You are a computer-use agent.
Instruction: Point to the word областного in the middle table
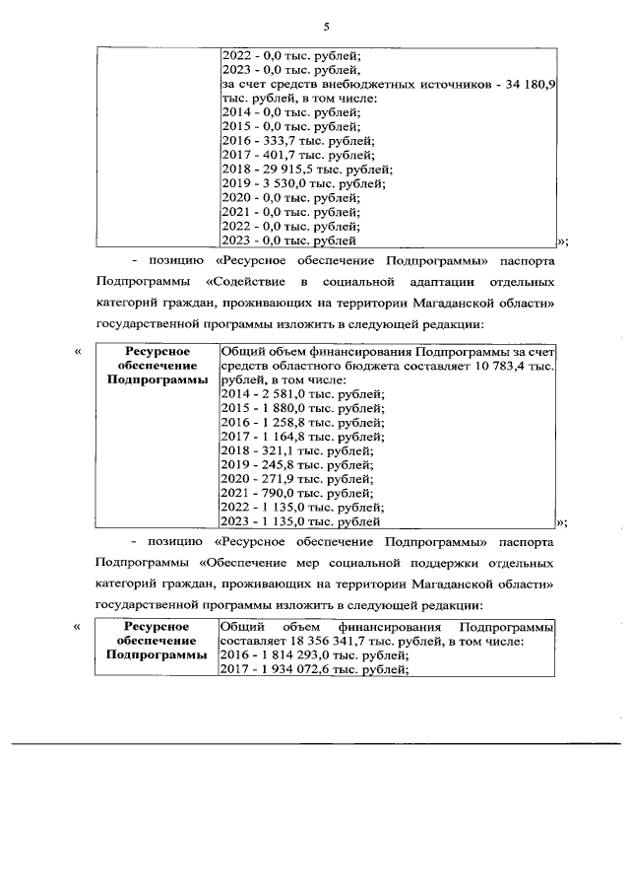click(x=295, y=367)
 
